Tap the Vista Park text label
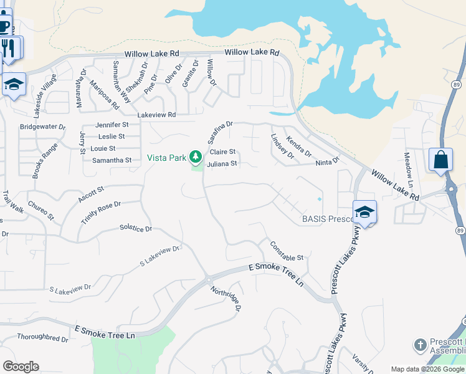click(x=167, y=158)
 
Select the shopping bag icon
click(x=440, y=160)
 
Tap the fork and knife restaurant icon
click(x=9, y=48)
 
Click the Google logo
click(x=21, y=367)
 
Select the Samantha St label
click(x=112, y=160)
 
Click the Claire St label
click(x=222, y=152)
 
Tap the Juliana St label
click(x=222, y=164)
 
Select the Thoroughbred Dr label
click(x=42, y=339)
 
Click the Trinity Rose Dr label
click(x=100, y=213)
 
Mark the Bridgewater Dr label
click(x=42, y=127)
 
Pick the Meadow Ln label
click(x=408, y=165)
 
